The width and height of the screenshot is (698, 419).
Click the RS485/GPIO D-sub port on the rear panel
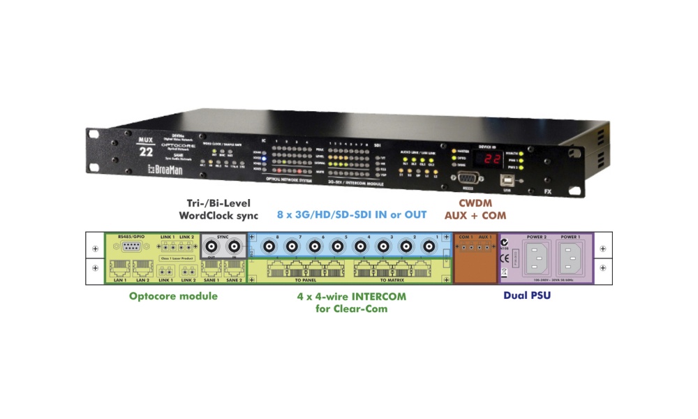coord(131,247)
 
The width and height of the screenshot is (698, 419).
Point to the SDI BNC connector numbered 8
coord(267,247)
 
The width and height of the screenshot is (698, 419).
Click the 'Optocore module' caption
coord(173,296)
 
